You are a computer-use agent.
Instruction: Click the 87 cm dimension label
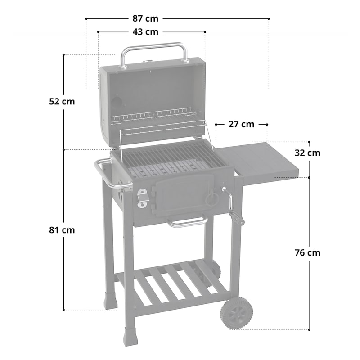(145, 18)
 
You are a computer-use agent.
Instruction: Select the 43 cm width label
(145, 32)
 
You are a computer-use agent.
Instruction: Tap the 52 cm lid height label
(62, 101)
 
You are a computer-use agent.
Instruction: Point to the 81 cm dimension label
(62, 230)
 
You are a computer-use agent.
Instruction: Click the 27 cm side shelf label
(241, 124)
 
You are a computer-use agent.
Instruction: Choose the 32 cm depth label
(308, 153)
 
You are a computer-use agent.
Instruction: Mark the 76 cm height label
(308, 252)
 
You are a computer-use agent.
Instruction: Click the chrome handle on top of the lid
(153, 47)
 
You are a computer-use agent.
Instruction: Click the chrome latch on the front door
(143, 198)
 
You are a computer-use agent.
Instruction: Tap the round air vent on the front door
(211, 198)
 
